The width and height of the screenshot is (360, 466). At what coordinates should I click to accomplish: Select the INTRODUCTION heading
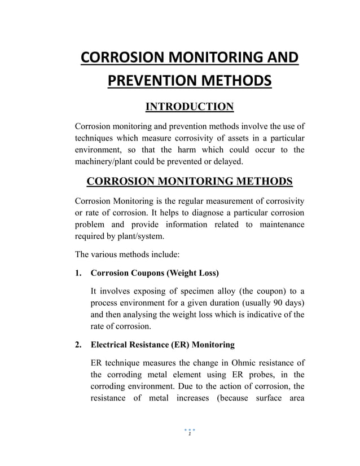point(189,106)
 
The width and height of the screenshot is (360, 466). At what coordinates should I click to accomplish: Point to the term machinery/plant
point(109,161)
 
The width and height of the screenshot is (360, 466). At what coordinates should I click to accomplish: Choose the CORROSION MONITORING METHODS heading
point(189,181)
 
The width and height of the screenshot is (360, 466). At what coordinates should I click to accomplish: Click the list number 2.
point(78,344)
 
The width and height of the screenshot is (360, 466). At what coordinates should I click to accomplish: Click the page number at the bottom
point(190,433)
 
